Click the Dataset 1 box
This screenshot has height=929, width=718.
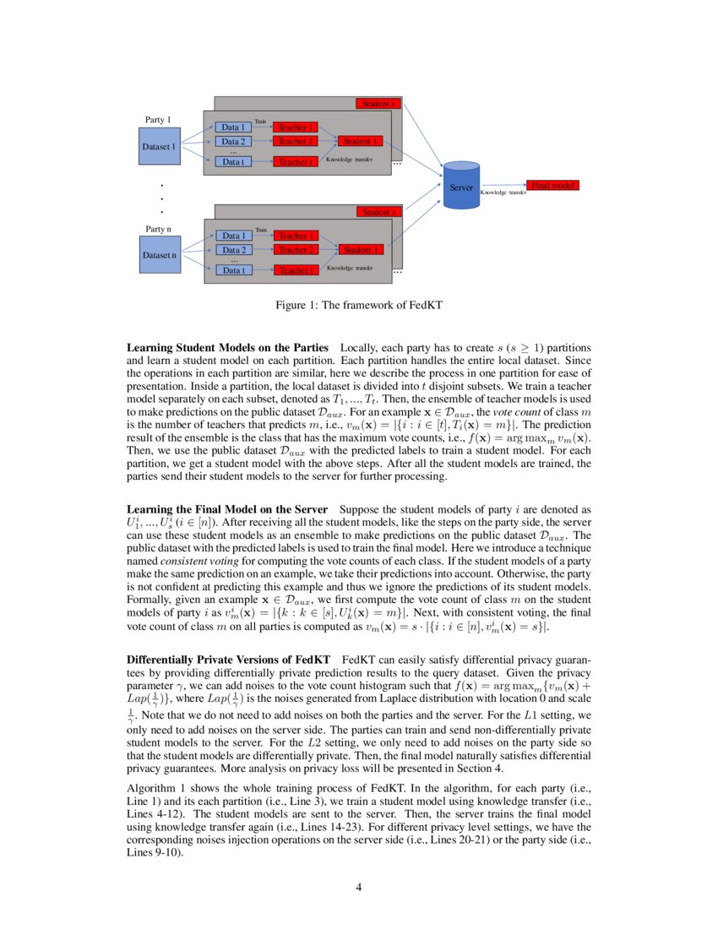point(160,146)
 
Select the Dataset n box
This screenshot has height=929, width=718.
point(160,254)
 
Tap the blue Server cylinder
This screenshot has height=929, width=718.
point(461,187)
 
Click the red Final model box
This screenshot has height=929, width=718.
point(552,184)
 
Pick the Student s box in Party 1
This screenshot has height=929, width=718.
point(377,103)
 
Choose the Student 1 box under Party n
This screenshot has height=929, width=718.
point(362,249)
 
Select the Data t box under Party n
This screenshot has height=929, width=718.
point(234,270)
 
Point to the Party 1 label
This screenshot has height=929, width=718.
point(158,120)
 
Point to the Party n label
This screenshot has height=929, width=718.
point(159,229)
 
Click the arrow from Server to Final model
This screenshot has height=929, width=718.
point(503,187)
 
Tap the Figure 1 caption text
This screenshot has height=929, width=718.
point(358,305)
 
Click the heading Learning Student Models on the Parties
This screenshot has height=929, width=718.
point(227,347)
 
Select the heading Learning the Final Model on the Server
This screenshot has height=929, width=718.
point(226,509)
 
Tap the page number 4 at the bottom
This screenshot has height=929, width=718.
point(358,887)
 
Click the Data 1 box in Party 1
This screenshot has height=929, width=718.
point(234,127)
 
